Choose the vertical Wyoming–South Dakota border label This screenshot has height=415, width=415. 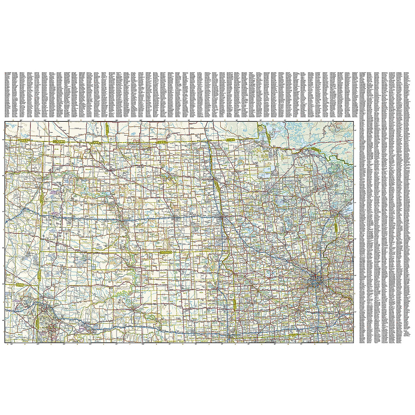click(37, 322)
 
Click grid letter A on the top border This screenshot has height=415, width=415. click(13, 120)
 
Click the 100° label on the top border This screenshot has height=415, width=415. click(141, 120)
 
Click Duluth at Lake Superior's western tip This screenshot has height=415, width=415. click(335, 214)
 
